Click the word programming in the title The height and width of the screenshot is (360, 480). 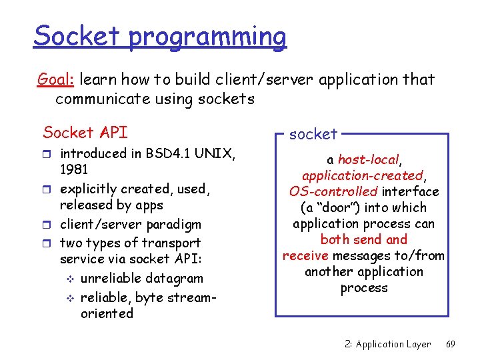(207, 37)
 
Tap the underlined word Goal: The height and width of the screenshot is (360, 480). (57, 80)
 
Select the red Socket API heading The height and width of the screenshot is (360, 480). (85, 132)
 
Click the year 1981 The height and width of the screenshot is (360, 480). (75, 169)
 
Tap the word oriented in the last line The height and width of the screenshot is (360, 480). (107, 313)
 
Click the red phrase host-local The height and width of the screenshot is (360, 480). (368, 160)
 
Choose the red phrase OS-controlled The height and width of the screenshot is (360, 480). (333, 192)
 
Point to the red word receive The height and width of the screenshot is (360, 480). (305, 256)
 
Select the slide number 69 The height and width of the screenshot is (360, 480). (451, 344)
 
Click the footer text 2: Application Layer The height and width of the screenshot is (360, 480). (388, 344)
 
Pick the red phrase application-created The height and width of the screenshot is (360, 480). (363, 176)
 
